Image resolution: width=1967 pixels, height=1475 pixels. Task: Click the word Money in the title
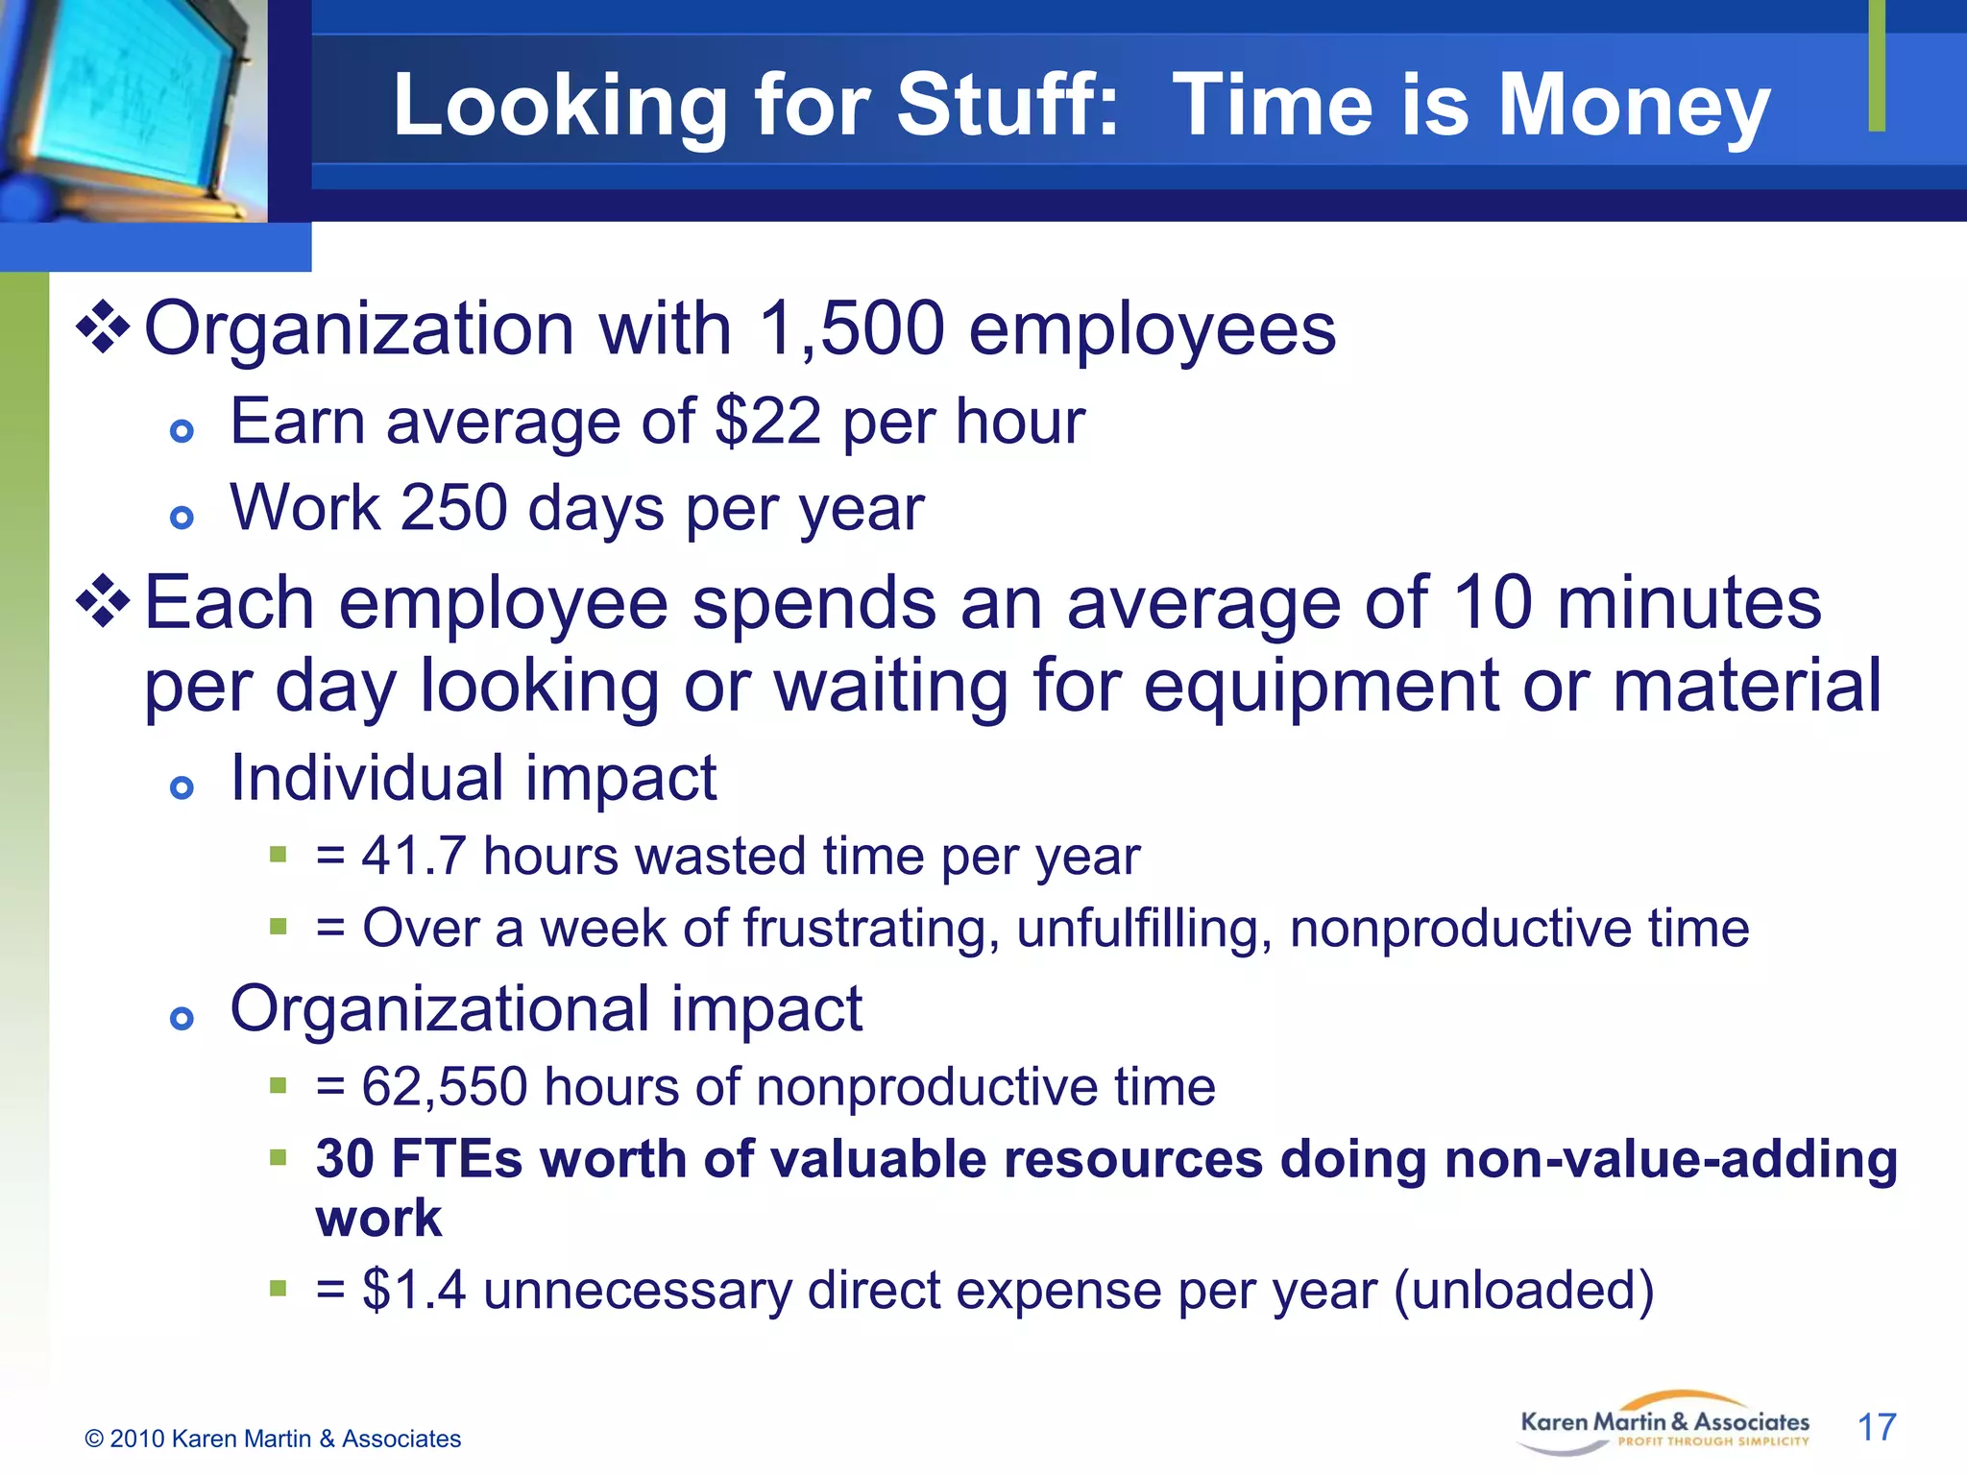1634,106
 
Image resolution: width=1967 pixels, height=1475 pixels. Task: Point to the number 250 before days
453,508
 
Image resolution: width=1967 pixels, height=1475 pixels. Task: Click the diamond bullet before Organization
104,327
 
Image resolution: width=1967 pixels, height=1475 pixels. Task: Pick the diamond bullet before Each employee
104,602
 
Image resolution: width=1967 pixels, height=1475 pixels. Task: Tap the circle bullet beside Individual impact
182,788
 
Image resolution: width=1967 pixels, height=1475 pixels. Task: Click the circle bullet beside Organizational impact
182,1019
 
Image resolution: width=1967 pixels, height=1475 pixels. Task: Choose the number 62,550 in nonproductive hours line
445,1087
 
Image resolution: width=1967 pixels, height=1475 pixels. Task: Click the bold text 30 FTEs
419,1158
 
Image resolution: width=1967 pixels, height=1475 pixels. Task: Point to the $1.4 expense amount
414,1290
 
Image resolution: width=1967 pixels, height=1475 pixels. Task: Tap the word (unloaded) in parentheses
1524,1290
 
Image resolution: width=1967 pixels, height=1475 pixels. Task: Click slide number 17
1877,1427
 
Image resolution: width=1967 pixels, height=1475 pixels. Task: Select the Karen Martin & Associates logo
1664,1424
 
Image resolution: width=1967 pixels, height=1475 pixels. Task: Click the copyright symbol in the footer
94,1439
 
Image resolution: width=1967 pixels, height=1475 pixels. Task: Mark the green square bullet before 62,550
279,1086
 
